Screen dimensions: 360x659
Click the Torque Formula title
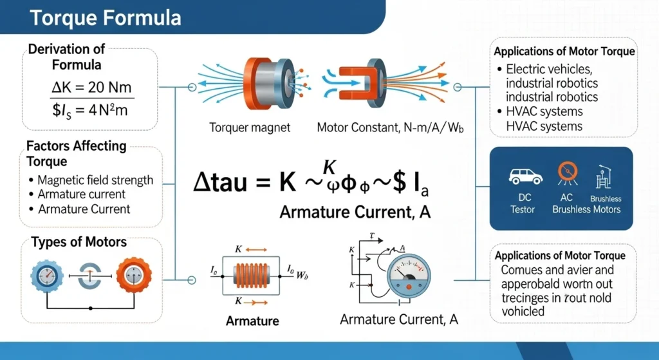click(x=106, y=17)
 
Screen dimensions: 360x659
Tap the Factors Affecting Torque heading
click(x=76, y=153)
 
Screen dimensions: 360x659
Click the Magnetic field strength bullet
click(x=95, y=180)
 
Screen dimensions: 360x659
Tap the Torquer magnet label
click(x=250, y=128)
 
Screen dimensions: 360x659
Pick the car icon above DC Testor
click(x=523, y=176)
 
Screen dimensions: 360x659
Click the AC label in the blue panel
click(x=567, y=198)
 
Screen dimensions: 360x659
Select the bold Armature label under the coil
click(x=252, y=321)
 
